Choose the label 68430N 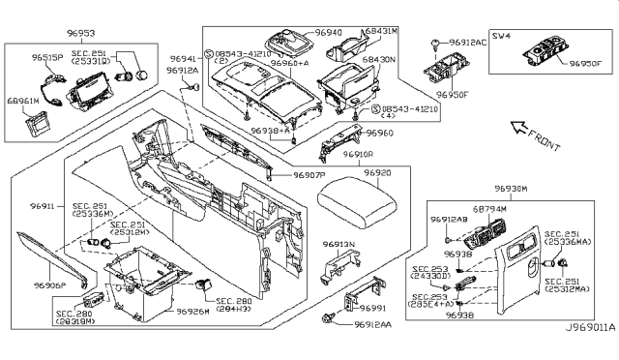pyautogui.click(x=378, y=63)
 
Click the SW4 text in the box pyautogui.click(x=500, y=37)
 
